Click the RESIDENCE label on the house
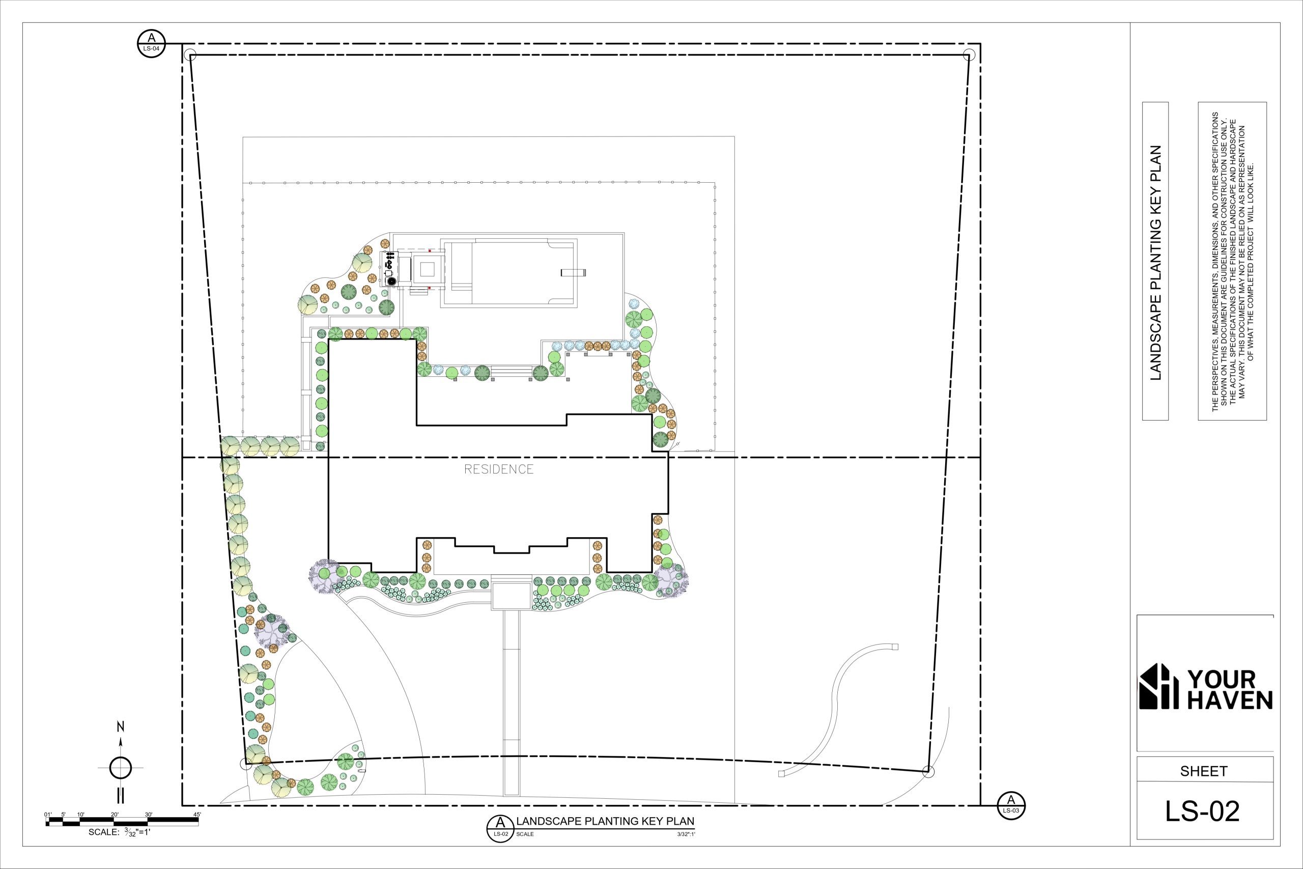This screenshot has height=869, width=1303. point(499,469)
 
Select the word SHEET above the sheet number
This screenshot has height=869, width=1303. point(1204,771)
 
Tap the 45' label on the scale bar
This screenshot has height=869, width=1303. point(197,814)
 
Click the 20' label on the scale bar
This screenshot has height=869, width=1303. point(115,814)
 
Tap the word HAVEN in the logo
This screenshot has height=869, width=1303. point(1230,701)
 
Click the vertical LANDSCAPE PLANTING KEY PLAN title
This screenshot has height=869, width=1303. point(1155,263)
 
